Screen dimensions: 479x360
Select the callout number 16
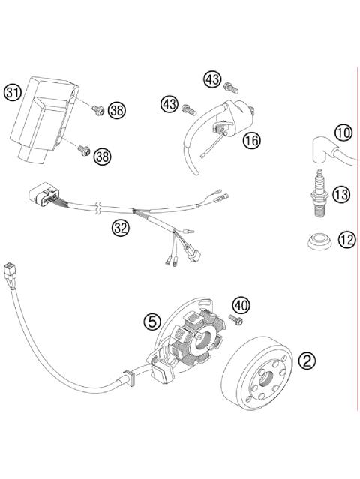250,139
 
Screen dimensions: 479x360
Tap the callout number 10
343,134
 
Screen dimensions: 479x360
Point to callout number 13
341,195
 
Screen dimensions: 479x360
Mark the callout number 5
153,322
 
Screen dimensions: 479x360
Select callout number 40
241,305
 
